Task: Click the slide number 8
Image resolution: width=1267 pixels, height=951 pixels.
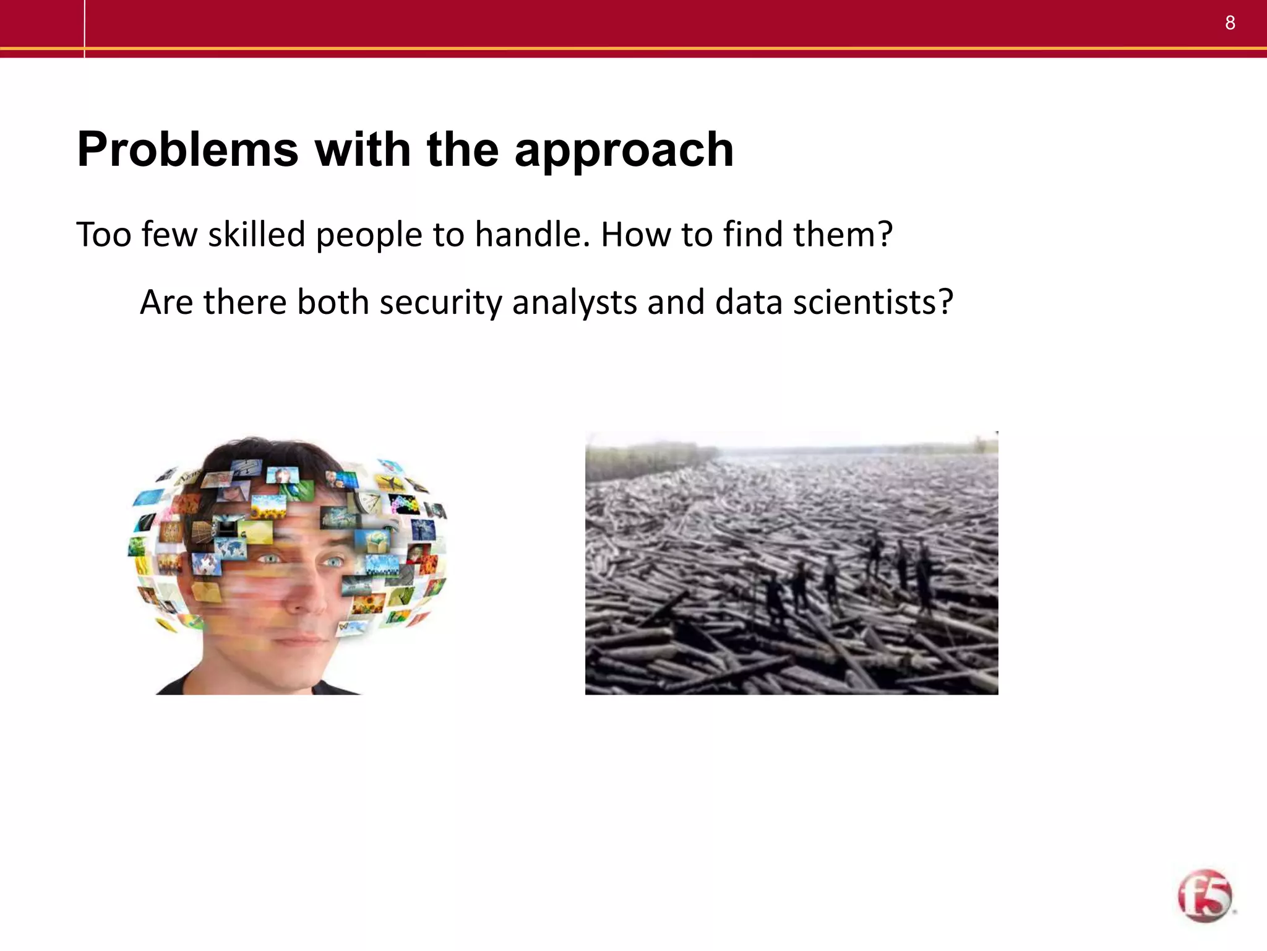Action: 1230,23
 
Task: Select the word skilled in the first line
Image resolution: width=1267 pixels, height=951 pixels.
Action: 256,235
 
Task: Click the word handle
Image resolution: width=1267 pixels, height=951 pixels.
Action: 532,235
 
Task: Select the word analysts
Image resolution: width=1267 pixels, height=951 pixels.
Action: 574,303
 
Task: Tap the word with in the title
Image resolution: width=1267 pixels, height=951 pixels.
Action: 363,150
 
